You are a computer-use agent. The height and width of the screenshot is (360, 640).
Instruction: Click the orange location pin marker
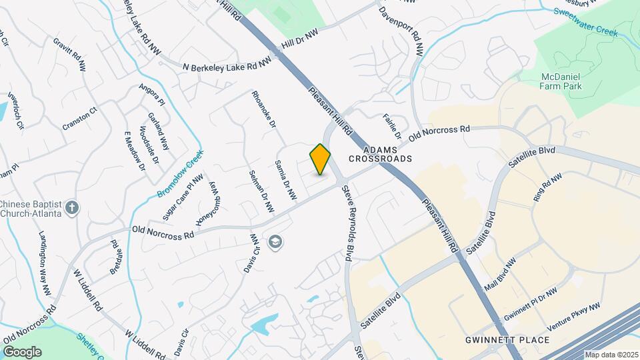coord(320,159)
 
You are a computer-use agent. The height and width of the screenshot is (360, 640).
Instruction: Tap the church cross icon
coord(73,208)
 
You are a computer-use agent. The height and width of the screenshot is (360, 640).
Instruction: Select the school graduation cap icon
coord(274,243)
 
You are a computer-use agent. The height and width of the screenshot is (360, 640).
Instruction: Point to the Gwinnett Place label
coord(507,340)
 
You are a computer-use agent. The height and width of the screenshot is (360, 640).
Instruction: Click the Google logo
coord(21,351)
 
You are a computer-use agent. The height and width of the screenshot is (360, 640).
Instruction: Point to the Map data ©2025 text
coord(610,355)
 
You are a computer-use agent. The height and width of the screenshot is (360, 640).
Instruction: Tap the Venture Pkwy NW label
coord(573,317)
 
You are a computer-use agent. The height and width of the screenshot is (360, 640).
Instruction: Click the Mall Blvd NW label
coord(500,273)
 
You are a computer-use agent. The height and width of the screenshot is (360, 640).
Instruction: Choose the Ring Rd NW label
coord(548,189)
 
